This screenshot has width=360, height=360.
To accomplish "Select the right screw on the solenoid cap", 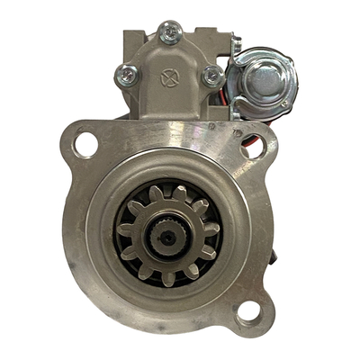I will [212, 77].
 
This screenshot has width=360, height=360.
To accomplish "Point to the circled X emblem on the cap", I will [167, 77].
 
